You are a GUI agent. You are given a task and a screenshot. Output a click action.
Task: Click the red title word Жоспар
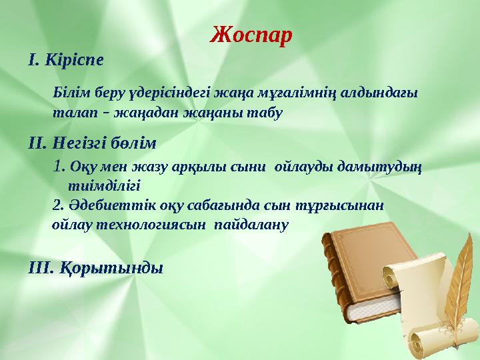click(251, 34)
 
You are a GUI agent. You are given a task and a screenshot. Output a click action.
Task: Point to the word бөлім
click(137, 142)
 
